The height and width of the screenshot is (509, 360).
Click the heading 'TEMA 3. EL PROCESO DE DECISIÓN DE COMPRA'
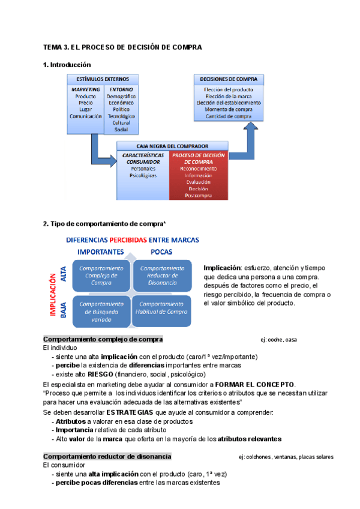pos(123,47)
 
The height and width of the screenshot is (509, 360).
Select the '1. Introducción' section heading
pos(67,64)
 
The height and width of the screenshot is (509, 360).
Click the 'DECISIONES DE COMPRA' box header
pos(228,79)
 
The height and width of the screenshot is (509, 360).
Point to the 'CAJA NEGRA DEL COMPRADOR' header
pos(172,146)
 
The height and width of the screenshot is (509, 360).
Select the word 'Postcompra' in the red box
pos(197,195)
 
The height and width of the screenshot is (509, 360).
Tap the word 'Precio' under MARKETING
pos(85,103)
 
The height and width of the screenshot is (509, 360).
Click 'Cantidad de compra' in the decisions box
pos(228,116)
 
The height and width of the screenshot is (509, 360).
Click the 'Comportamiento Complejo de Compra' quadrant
pos(101,275)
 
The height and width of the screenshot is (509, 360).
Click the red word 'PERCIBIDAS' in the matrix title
pos(131,239)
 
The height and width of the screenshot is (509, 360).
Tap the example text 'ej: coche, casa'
pos(278,340)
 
